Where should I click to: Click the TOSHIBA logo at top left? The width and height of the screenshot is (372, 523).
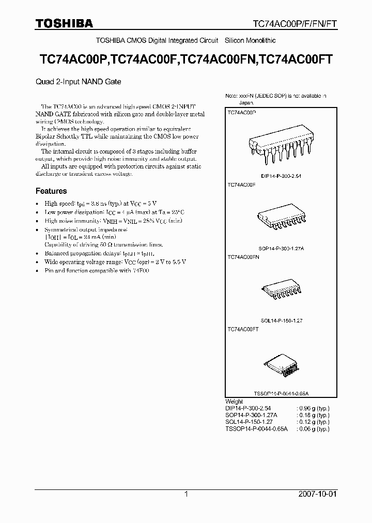(x=64, y=23)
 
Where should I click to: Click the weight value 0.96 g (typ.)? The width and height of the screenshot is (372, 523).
(x=314, y=408)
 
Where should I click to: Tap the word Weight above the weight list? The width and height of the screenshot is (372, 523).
(x=234, y=401)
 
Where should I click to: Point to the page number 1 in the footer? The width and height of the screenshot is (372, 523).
(x=186, y=494)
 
